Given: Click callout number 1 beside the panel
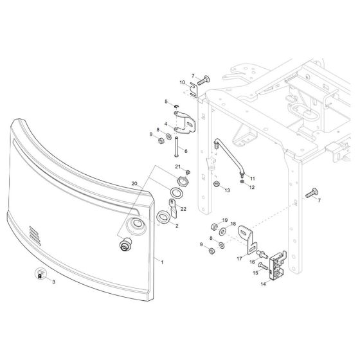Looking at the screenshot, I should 162,262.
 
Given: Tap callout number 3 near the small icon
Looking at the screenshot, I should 54,282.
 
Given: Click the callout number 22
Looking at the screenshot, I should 183,209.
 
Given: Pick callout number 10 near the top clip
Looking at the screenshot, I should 164,82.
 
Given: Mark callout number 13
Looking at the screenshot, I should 227,191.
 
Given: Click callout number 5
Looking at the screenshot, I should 165,101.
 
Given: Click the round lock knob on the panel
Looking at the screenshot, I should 125,247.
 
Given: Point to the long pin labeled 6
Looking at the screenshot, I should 175,150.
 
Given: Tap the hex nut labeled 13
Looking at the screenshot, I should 218,187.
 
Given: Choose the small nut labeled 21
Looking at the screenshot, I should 187,172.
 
